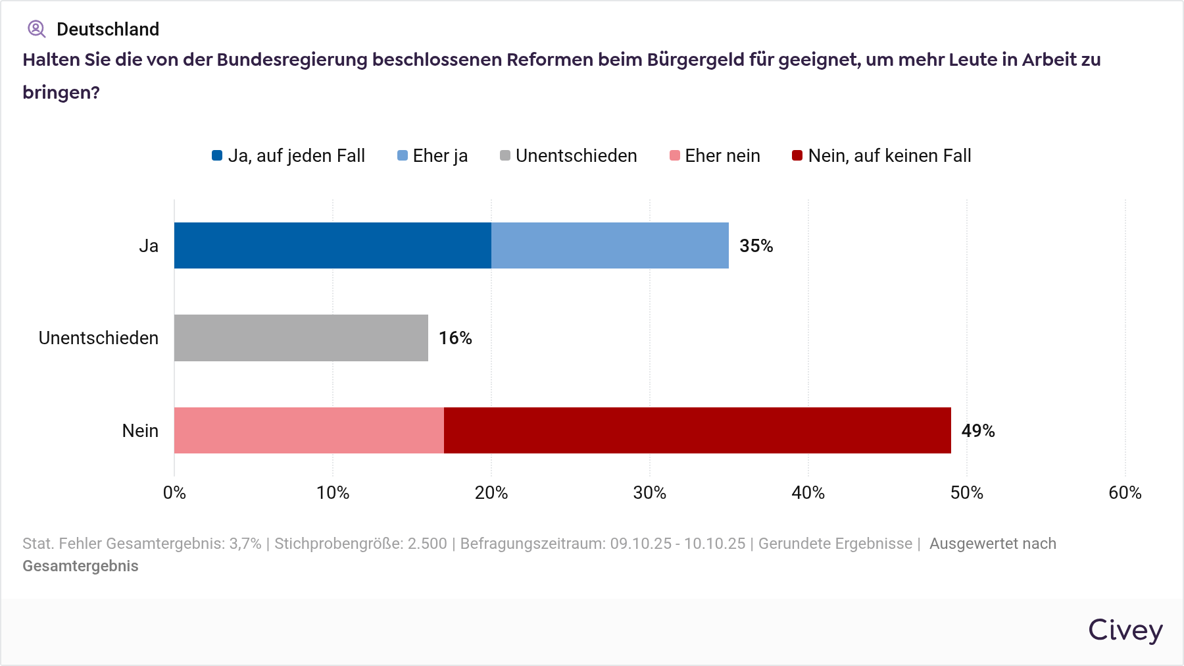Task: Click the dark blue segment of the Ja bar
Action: point(332,245)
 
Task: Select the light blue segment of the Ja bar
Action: point(610,245)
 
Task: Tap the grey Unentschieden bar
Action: point(301,338)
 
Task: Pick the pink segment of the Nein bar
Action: point(308,430)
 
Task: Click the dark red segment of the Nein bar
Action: point(697,430)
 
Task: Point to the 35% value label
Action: point(756,246)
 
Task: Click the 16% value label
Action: point(455,338)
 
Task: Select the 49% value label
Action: point(977,431)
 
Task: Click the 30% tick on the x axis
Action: point(649,493)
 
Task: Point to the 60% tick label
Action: point(1125,493)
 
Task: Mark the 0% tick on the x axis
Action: point(174,493)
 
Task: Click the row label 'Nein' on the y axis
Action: point(140,431)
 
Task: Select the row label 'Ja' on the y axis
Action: point(149,246)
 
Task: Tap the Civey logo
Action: point(1125,630)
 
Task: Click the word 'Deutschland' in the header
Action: point(108,30)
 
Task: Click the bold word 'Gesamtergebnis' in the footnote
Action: point(80,567)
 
